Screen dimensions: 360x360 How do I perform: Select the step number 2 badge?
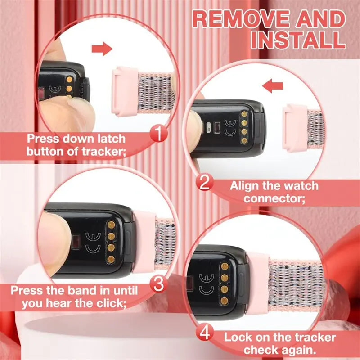coord(205,183)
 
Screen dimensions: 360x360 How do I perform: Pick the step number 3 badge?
coord(158,284)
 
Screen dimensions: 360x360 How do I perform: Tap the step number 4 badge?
coord(205,333)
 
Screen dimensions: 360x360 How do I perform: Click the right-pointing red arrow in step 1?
coord(102,49)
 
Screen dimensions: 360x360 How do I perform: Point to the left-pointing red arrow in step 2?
coord(273,86)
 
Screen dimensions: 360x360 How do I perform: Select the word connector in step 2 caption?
coord(274,198)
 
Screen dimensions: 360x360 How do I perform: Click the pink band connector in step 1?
coord(125,91)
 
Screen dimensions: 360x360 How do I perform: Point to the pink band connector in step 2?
coord(296,128)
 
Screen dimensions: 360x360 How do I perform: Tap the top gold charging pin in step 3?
coord(111,225)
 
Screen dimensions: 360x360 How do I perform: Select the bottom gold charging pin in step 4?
coord(224,301)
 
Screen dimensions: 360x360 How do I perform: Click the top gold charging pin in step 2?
coord(244,114)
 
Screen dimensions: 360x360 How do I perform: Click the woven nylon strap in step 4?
coord(296,284)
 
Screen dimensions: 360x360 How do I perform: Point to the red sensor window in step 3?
coord(76,242)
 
